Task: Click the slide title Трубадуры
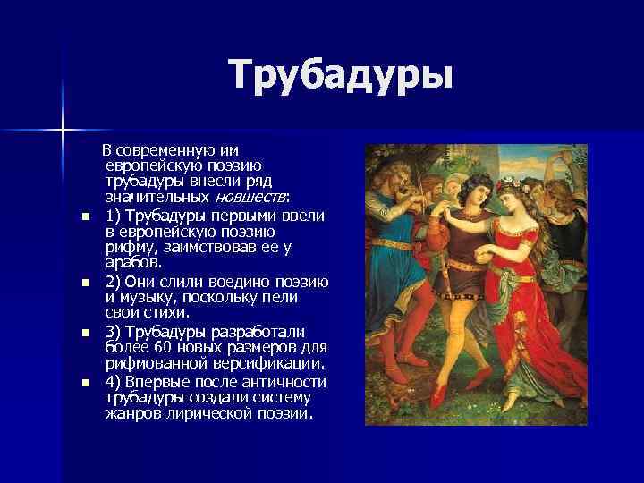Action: (340, 74)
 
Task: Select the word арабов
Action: (133, 263)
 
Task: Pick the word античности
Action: (283, 382)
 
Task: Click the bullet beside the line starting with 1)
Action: (84, 217)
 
